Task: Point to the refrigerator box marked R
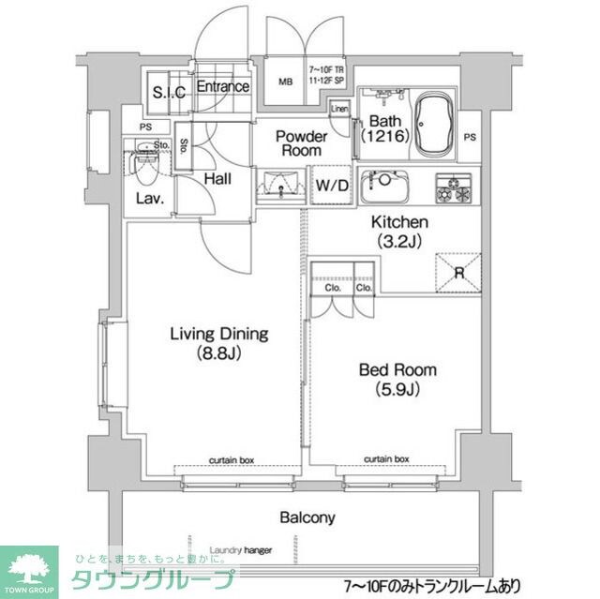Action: click(x=457, y=272)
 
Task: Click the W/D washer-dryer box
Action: click(x=332, y=186)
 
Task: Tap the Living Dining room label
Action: click(x=218, y=343)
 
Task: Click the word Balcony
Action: click(x=306, y=517)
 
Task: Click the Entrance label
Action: click(x=223, y=87)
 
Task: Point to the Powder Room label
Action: click(x=299, y=143)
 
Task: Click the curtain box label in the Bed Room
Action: click(x=386, y=459)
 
